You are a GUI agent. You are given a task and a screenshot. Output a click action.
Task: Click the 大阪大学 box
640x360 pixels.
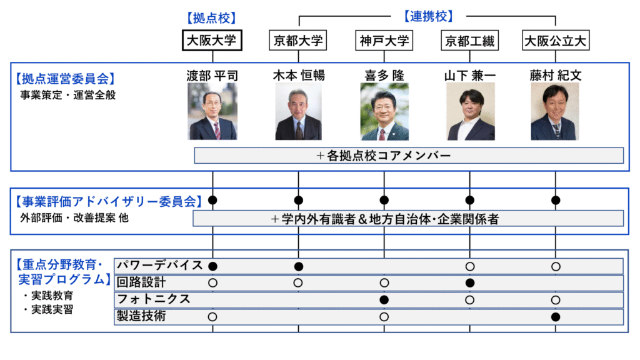212,41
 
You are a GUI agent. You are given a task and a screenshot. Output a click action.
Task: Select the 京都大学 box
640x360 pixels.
298,41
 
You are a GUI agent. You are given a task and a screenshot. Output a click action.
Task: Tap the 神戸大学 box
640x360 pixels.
384,41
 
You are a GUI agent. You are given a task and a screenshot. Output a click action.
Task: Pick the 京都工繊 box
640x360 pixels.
469,41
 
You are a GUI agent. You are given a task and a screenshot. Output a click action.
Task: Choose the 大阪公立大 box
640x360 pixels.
556,41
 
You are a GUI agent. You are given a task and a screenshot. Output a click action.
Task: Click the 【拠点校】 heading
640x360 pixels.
212,17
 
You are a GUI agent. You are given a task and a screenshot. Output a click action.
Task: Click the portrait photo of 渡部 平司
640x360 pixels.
212,112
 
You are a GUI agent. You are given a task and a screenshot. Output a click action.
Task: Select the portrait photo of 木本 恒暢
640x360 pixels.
298,112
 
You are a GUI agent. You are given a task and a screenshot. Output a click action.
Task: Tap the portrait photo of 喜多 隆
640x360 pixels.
384,112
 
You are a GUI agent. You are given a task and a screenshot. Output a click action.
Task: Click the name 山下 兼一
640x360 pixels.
470,76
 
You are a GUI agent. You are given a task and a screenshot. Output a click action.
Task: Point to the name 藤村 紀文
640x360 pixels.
556,76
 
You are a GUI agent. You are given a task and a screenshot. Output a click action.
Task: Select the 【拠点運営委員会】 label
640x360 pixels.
64,79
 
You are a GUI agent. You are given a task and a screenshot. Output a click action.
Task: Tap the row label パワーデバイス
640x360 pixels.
160,266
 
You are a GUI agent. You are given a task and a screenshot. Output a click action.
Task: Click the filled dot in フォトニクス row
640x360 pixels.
384,299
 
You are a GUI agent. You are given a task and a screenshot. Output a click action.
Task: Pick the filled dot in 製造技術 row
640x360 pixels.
556,317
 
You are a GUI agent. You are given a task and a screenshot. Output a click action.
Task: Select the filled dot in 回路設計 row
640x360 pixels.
470,282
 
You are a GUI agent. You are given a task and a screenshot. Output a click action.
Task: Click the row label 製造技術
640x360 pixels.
141,317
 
